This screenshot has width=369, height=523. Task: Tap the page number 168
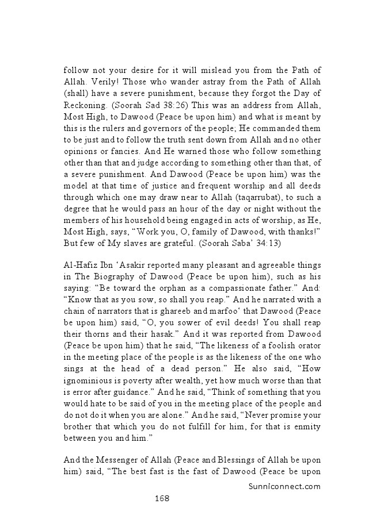click(162, 498)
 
